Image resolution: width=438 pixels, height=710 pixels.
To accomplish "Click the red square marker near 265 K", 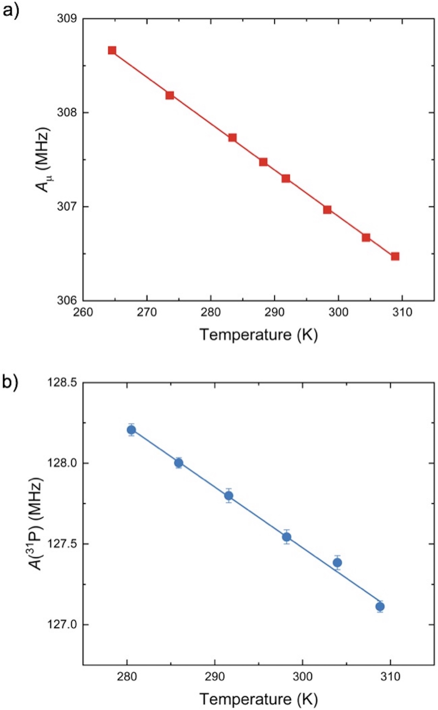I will pyautogui.click(x=112, y=50).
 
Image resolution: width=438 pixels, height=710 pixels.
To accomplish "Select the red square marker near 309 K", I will pyautogui.click(x=395, y=257).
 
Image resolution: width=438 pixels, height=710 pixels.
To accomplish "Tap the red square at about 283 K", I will pyautogui.click(x=232, y=138).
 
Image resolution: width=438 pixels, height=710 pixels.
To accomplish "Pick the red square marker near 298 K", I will pyautogui.click(x=327, y=210).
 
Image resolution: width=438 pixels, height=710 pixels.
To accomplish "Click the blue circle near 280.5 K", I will pyautogui.click(x=131, y=430).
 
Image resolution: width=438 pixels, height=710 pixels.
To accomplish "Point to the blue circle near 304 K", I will pyautogui.click(x=337, y=562).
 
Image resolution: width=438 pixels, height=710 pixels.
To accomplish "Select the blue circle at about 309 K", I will pyautogui.click(x=380, y=607).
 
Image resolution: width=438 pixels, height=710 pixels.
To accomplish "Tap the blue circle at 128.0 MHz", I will pyautogui.click(x=179, y=463).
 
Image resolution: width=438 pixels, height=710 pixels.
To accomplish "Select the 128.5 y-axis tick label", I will pyautogui.click(x=61, y=382).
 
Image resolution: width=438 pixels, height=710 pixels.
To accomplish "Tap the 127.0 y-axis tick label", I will pyautogui.click(x=61, y=625).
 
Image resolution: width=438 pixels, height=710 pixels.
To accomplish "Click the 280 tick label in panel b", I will pyautogui.click(x=127, y=677).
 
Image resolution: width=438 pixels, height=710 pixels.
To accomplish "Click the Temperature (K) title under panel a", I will pyautogui.click(x=259, y=335).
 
